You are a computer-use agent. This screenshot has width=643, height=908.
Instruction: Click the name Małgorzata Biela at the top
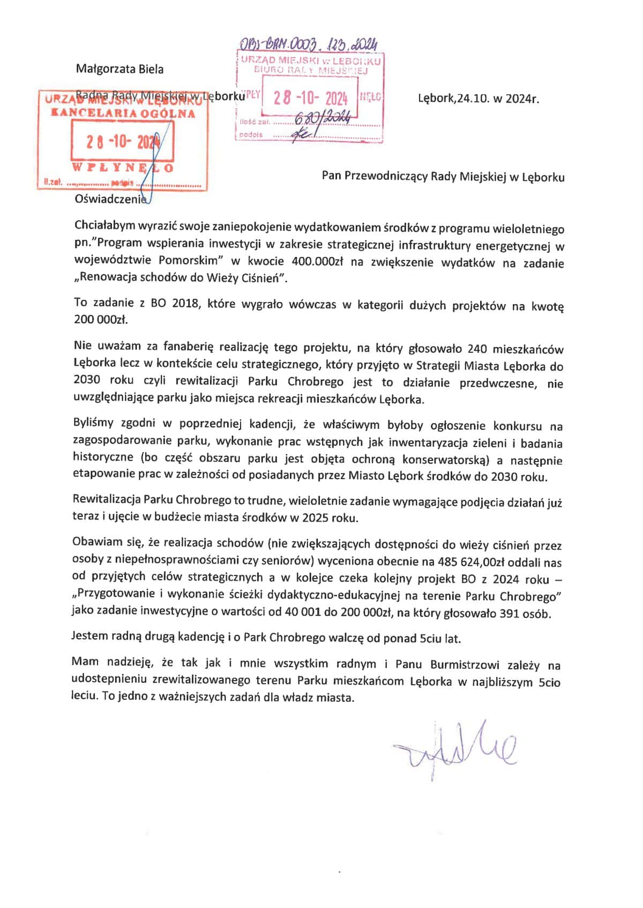(x=119, y=69)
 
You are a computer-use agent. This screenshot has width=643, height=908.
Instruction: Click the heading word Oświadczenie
(x=110, y=199)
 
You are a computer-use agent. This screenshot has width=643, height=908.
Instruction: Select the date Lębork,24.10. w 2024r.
(x=478, y=99)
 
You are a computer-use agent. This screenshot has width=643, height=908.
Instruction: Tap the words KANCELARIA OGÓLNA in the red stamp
(x=123, y=113)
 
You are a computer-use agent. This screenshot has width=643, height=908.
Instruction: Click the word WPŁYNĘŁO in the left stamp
(x=122, y=168)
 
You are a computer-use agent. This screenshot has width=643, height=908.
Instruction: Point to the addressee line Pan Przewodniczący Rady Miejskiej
(x=443, y=177)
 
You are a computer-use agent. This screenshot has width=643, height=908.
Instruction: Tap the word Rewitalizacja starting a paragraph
(x=106, y=500)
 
